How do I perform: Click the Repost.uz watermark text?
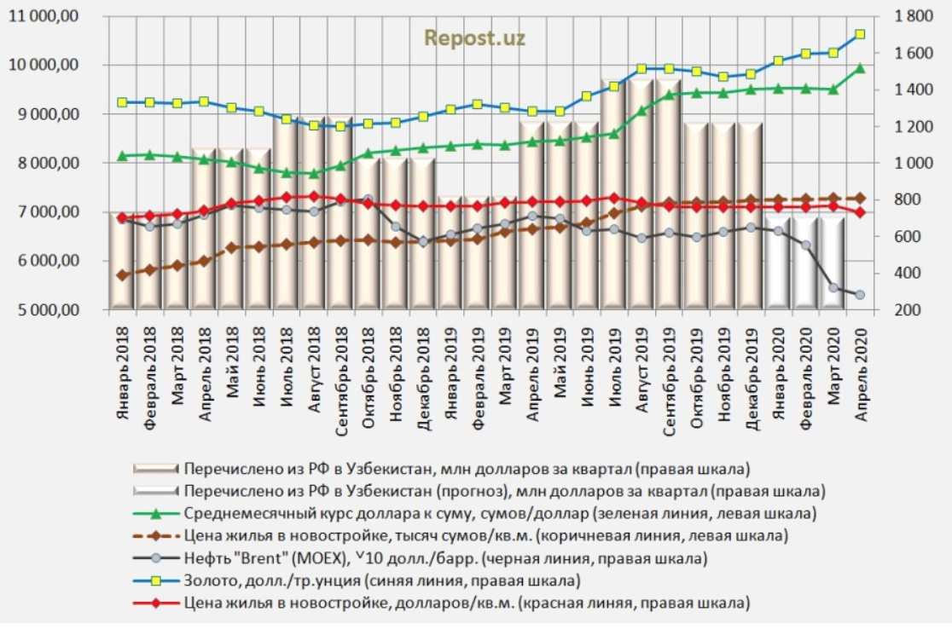475,38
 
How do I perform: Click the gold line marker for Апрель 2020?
860,34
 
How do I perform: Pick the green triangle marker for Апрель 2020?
860,68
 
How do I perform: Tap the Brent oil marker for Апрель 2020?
860,295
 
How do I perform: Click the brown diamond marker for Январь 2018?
122,275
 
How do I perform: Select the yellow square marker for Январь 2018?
122,102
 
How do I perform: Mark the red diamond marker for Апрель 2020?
860,212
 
